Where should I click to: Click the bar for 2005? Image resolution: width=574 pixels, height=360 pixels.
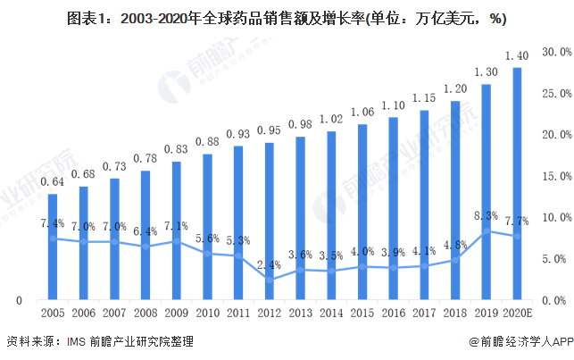pyautogui.click(x=53, y=247)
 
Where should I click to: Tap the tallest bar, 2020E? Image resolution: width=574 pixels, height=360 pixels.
pyautogui.click(x=516, y=183)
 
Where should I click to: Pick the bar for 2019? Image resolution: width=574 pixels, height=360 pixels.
pyautogui.click(x=486, y=192)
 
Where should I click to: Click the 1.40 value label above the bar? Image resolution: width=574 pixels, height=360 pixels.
pyautogui.click(x=516, y=54)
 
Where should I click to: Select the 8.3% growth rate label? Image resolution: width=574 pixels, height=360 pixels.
pyautogui.click(x=485, y=215)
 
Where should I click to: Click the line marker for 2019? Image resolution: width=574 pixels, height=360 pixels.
pyautogui.click(x=486, y=230)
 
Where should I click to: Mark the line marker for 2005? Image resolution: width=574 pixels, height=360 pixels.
pyautogui.click(x=53, y=239)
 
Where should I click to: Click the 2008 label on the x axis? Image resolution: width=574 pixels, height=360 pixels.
pyautogui.click(x=146, y=314)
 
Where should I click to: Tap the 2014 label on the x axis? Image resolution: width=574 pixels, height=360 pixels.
pyautogui.click(x=331, y=314)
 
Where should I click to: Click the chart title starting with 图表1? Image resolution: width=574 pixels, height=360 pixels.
pyautogui.click(x=287, y=14)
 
